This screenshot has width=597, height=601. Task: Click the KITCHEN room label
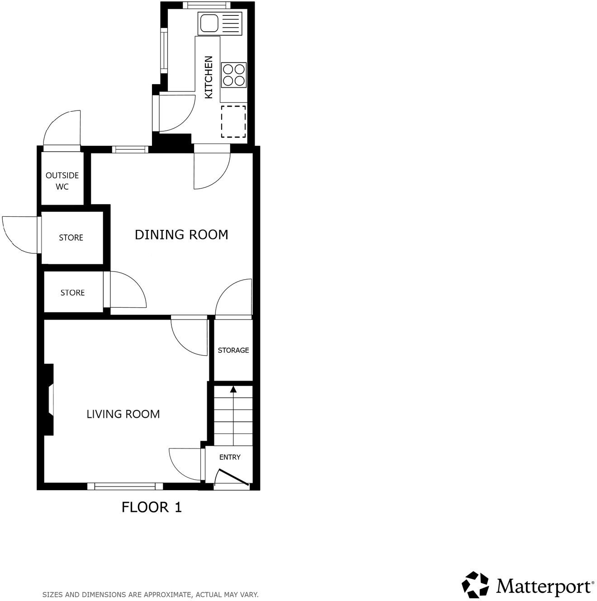(x=208, y=77)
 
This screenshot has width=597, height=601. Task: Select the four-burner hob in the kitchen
(x=234, y=75)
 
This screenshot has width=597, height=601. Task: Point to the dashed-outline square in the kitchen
(x=233, y=122)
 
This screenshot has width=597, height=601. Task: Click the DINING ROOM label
(x=181, y=234)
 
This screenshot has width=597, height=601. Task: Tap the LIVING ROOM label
(x=123, y=414)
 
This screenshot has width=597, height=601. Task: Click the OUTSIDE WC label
(x=62, y=181)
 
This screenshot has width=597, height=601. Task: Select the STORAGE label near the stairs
(x=233, y=350)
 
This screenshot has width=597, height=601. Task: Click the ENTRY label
(x=230, y=457)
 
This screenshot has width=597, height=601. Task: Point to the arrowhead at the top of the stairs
(x=233, y=389)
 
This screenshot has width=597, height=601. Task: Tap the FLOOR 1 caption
(x=152, y=507)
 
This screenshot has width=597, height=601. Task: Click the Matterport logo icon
(x=475, y=584)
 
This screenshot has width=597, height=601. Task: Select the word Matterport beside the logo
(x=544, y=586)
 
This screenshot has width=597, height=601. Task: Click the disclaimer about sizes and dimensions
(x=150, y=595)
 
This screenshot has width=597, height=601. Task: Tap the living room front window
(x=125, y=487)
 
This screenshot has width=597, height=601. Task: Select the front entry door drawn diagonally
(x=233, y=478)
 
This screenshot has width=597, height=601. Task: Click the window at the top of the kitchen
(x=206, y=5)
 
